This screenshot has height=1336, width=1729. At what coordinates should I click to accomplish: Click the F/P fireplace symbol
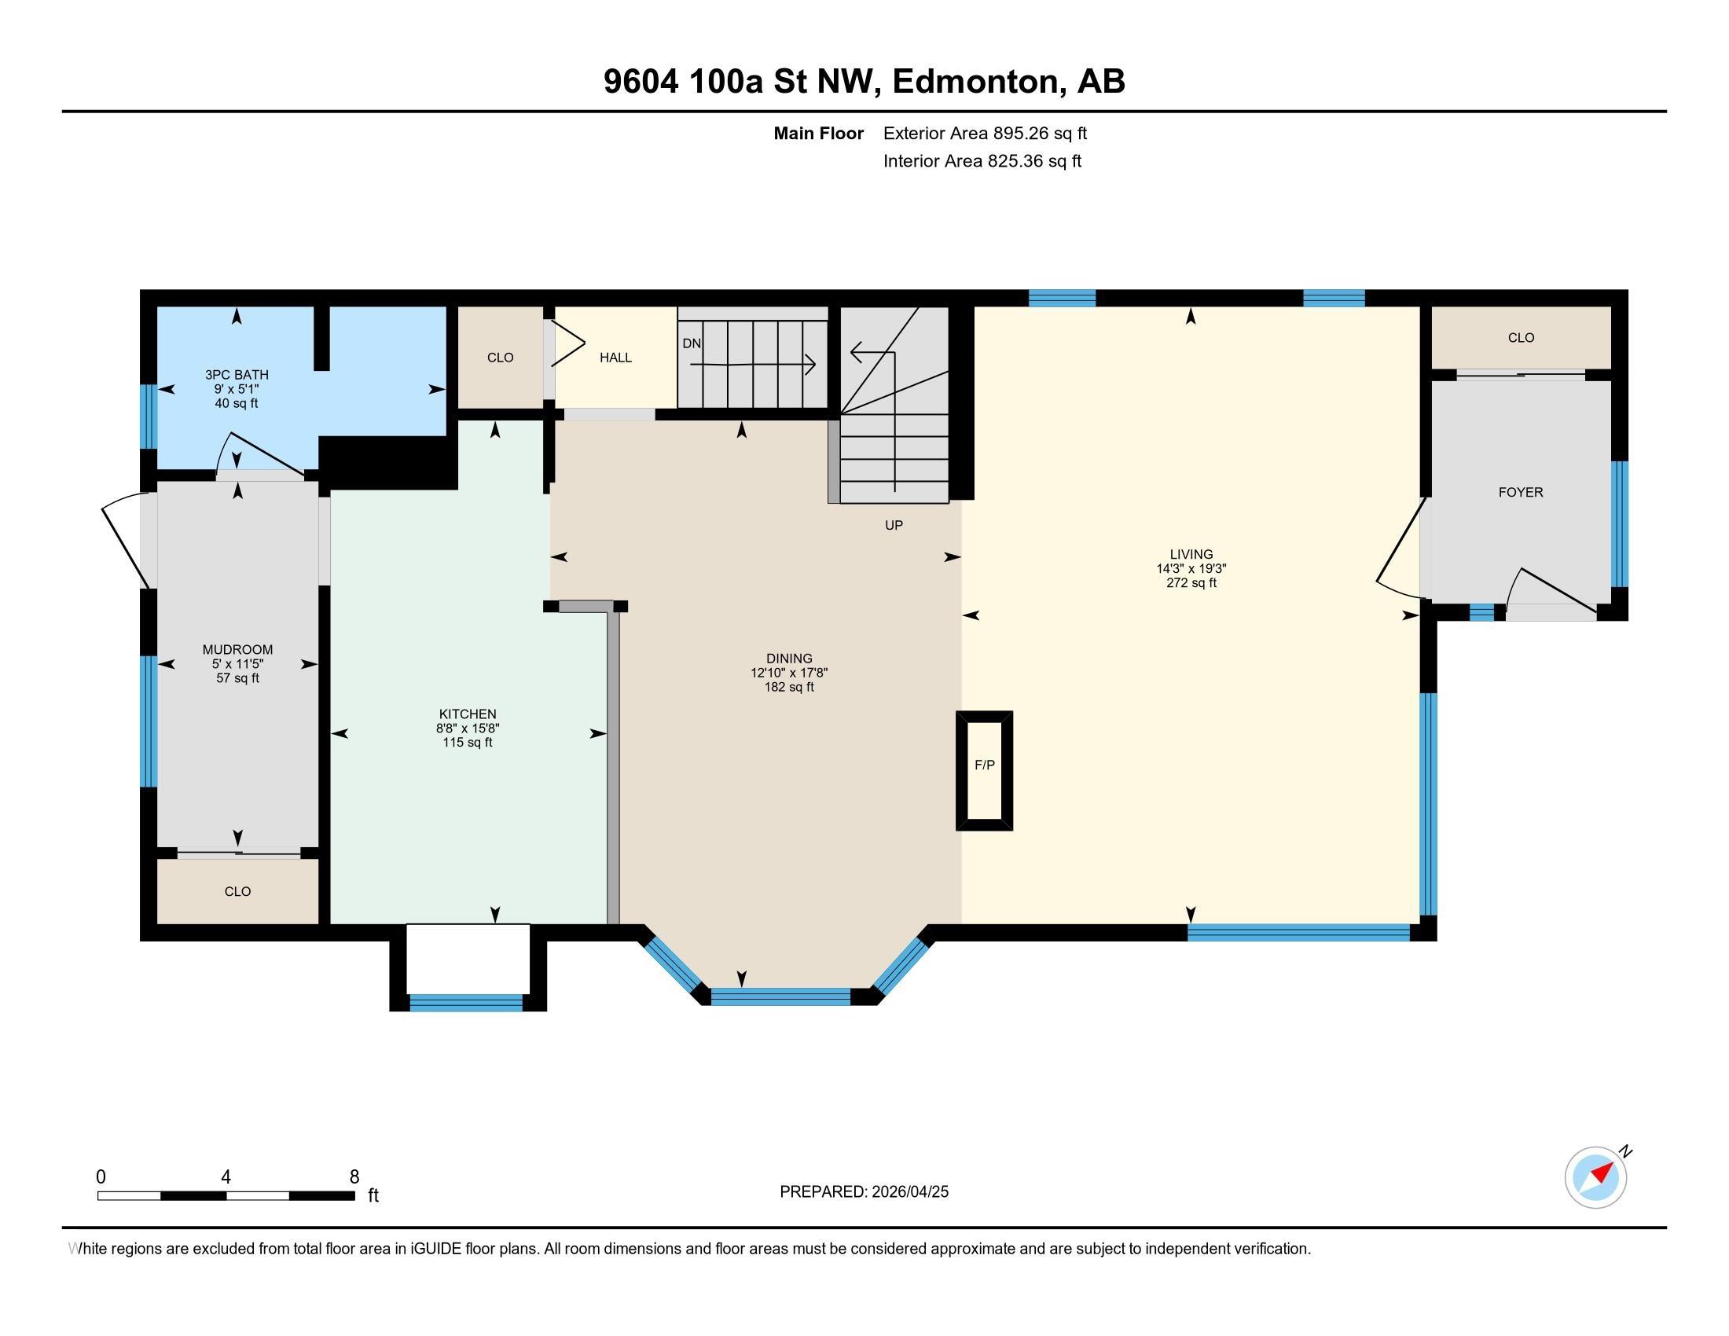tap(984, 770)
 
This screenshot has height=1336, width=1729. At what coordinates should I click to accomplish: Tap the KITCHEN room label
tap(468, 714)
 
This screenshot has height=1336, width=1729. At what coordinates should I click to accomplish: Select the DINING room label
tap(789, 659)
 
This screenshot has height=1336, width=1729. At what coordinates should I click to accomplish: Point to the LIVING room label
tap(1191, 554)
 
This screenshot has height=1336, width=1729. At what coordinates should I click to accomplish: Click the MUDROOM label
tap(237, 650)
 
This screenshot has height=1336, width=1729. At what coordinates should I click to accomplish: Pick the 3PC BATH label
tap(237, 375)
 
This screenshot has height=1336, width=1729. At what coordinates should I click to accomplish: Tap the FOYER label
tap(1521, 492)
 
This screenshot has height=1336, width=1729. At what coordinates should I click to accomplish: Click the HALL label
tap(615, 358)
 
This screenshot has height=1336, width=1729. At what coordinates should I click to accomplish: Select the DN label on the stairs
tap(691, 343)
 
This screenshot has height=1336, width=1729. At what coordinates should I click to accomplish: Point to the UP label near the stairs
tap(894, 526)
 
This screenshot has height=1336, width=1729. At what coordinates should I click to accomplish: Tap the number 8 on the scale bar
tap(354, 1177)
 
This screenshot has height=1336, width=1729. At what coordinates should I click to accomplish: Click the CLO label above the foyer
tap(1521, 338)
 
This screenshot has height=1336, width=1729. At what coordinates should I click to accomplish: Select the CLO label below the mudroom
tap(237, 892)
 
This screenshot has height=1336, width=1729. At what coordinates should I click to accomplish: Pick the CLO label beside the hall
tap(501, 358)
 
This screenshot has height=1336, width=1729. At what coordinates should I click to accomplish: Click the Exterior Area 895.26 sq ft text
tap(985, 134)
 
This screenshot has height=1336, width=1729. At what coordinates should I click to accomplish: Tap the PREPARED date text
tap(864, 1192)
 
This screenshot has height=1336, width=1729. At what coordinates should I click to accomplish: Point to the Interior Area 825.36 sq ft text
tap(982, 161)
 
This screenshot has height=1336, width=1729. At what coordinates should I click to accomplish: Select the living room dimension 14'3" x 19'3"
tap(1191, 568)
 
